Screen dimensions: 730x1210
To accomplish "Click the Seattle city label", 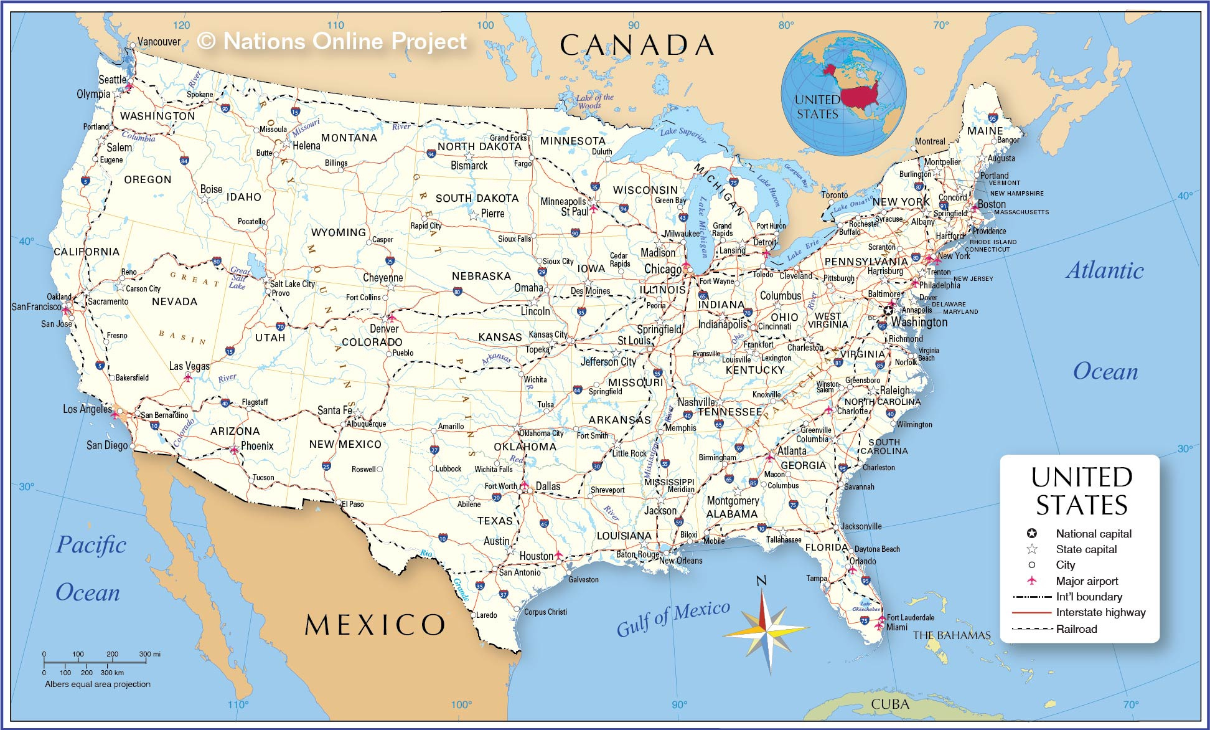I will (112, 80).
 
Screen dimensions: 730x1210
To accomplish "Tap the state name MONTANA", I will (349, 138).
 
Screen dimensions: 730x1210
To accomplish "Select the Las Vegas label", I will (189, 366).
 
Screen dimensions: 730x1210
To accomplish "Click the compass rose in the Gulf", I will (766, 631).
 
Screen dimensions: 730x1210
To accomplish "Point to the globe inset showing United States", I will (843, 93).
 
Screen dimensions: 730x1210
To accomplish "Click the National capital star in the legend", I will (1032, 534).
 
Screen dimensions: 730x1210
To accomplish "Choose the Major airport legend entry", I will (1086, 581).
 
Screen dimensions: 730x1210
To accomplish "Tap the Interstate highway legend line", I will (1032, 613).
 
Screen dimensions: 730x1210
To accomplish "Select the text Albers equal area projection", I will (98, 684).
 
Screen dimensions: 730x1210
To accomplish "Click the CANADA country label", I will (636, 45).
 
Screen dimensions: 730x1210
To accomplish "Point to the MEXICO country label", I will (375, 625).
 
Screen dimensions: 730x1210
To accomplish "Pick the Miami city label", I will (896, 627).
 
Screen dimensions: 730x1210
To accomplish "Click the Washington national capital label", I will (919, 322).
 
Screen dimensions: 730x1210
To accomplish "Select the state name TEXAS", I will (495, 521).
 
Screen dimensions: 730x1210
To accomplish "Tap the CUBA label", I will (889, 704).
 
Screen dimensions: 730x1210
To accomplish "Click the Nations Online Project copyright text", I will (332, 41).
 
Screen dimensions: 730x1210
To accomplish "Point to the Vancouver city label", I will (159, 42).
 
